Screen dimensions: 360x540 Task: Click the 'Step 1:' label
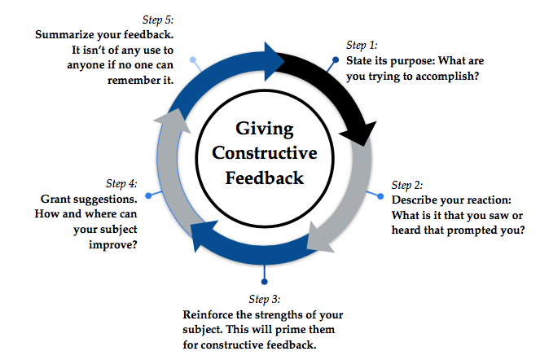362,46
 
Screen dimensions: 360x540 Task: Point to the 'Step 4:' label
121,183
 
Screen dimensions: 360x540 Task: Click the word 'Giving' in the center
266,128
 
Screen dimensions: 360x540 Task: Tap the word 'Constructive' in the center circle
266,152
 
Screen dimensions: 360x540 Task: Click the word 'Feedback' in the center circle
266,177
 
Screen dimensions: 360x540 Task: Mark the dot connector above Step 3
266,282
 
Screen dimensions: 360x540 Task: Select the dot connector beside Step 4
147,196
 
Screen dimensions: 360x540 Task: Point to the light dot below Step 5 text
192,60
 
